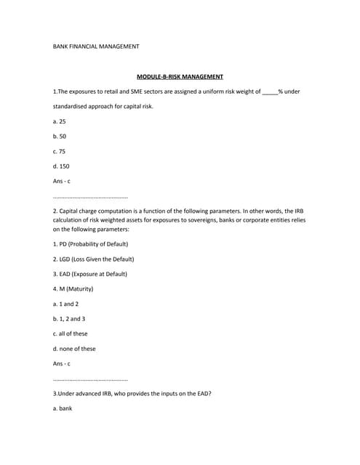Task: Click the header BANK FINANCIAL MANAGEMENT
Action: point(96,46)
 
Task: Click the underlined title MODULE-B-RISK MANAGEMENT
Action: point(180,76)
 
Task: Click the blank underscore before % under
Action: point(269,92)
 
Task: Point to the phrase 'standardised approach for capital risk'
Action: point(103,107)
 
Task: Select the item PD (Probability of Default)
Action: point(90,243)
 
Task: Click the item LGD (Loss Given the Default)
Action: point(94,259)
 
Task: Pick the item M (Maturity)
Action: point(73,289)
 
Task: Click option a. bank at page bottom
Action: point(63,408)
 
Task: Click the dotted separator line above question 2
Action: point(91,197)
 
